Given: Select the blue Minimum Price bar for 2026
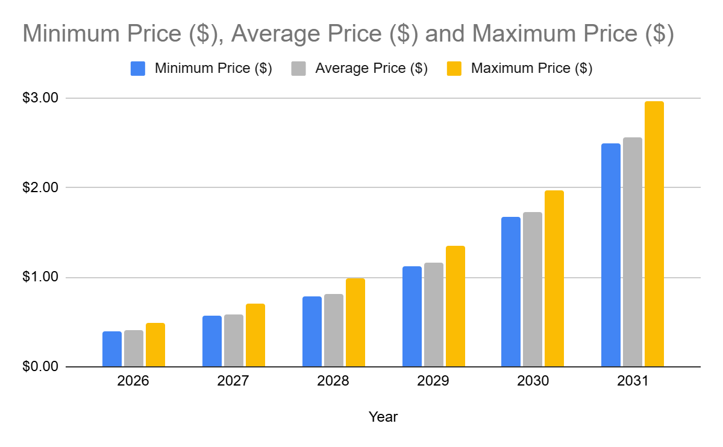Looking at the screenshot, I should pyautogui.click(x=112, y=349).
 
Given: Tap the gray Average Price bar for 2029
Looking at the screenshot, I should pyautogui.click(x=433, y=314).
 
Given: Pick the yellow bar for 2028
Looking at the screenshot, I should pyautogui.click(x=355, y=322).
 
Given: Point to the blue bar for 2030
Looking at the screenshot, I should pyautogui.click(x=511, y=292).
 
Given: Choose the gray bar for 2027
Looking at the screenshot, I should pyautogui.click(x=234, y=340).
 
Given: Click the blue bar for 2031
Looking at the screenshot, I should pyautogui.click(x=610, y=255).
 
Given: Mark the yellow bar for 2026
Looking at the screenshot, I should pyautogui.click(x=155, y=345).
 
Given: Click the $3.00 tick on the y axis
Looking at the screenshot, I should pyautogui.click(x=40, y=98).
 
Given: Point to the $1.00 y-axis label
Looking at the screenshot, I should pyautogui.click(x=40, y=278).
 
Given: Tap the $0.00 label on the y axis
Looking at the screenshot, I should pyautogui.click(x=40, y=367).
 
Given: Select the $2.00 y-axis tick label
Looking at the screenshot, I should pyautogui.click(x=40, y=187).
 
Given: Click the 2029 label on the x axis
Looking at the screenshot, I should pyautogui.click(x=433, y=382).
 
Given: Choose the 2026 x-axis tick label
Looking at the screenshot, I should pyautogui.click(x=134, y=382).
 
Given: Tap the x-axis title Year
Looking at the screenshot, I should pyautogui.click(x=383, y=417).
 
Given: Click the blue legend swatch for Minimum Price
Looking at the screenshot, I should pyautogui.click(x=138, y=68).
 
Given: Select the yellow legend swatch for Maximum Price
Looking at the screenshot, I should pyautogui.click(x=454, y=68).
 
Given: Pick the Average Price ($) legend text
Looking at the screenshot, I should pyautogui.click(x=371, y=68).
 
